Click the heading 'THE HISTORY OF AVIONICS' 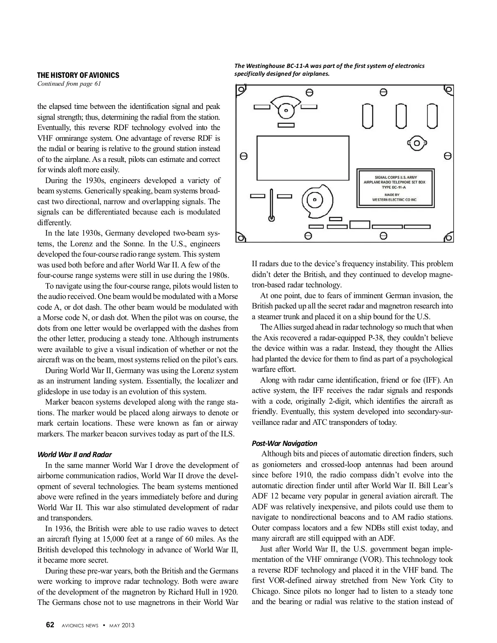78,75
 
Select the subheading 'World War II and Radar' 75,455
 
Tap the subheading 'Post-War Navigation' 285,443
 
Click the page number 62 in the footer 50,625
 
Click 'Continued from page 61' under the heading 69,84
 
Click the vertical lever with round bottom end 272,205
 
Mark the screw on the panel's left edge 244,157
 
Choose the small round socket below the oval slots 417,144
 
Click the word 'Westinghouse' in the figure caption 268,66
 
